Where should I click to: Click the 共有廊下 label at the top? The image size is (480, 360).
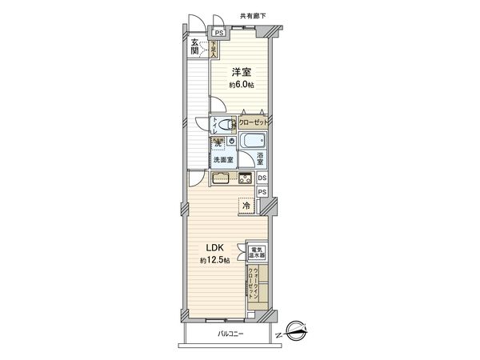[254, 15]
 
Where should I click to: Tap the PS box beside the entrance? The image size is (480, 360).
[218, 34]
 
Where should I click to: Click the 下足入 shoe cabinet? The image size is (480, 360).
[214, 50]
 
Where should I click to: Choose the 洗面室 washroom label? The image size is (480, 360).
[223, 160]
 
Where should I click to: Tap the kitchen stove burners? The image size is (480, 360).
[245, 177]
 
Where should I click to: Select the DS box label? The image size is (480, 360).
[262, 178]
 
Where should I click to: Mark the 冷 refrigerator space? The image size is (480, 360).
[245, 206]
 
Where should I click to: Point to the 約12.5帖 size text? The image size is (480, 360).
[215, 262]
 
